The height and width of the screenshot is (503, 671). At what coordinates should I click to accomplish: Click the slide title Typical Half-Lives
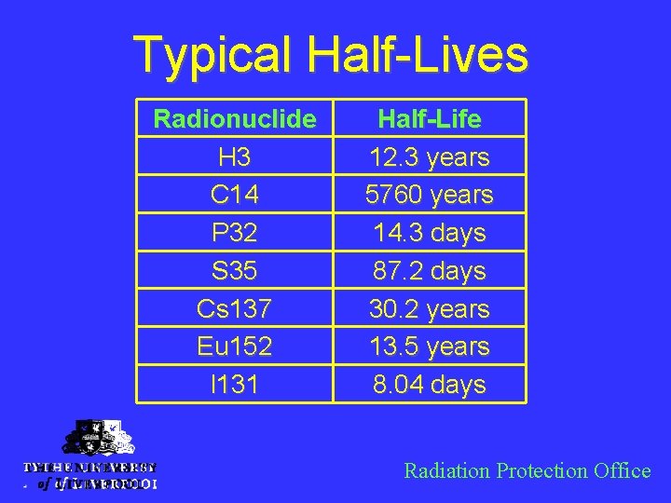pos(331,54)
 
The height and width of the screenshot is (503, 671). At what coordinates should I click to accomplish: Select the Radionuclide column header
pos(235,119)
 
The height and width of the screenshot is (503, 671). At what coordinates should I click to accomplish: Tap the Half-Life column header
pos(430,119)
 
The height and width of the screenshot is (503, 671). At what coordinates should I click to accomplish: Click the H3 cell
pos(235,157)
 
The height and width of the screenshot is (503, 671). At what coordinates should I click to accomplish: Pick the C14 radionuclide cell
pos(235,196)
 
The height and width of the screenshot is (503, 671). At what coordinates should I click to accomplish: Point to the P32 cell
pos(235,233)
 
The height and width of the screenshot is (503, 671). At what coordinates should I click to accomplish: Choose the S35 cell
pos(235,271)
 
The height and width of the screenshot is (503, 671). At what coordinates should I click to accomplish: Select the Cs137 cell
pos(235,308)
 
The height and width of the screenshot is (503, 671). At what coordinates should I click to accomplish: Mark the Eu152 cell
pos(235,347)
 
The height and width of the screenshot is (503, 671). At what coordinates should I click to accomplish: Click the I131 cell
pos(235,385)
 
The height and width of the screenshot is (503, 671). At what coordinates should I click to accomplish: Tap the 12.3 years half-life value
pos(430,157)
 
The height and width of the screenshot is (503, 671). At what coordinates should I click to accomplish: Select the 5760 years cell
pos(430,196)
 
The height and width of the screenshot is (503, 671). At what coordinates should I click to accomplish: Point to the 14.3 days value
pos(430,233)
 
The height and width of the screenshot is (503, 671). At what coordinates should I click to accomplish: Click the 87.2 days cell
pos(430,271)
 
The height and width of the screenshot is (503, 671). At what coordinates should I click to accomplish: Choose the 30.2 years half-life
pos(430,308)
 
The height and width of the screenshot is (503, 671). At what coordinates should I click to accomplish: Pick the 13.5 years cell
pos(430,347)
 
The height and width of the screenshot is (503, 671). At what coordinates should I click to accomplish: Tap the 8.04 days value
pos(430,385)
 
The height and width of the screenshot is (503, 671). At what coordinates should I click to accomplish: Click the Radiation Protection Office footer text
pos(527,471)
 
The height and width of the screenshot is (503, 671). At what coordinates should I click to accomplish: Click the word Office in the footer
pos(622,471)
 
